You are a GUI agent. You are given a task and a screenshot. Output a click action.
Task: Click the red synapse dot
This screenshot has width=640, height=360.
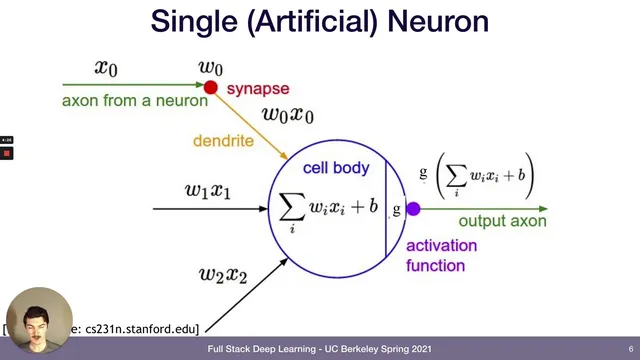click(210, 88)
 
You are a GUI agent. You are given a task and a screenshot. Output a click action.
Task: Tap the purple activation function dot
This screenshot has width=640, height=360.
click(413, 209)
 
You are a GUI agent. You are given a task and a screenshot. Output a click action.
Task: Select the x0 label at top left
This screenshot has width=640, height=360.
click(106, 68)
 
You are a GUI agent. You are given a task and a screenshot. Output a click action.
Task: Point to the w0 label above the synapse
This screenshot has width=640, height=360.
click(210, 68)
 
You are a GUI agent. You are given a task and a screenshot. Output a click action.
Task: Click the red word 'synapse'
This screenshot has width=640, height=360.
click(257, 89)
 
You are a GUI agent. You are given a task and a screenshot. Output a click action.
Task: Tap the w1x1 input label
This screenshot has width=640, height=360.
click(208, 189)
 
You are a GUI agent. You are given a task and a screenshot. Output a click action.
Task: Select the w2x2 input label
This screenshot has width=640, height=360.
click(223, 272)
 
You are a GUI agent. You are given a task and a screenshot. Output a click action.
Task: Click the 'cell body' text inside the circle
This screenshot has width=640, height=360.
click(336, 168)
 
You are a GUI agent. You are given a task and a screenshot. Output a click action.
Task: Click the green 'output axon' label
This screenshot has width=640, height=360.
click(501, 221)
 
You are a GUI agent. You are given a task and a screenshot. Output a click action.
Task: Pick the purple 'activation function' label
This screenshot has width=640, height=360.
click(441, 255)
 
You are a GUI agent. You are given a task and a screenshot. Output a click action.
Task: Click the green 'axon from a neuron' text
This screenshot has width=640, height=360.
click(135, 101)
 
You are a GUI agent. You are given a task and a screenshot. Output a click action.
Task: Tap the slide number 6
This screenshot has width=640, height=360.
click(631, 349)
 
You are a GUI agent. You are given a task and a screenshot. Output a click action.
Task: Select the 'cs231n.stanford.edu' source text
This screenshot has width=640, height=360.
click(140, 328)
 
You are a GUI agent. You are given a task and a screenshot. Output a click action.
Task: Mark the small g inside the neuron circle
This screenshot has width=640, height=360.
click(397, 209)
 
